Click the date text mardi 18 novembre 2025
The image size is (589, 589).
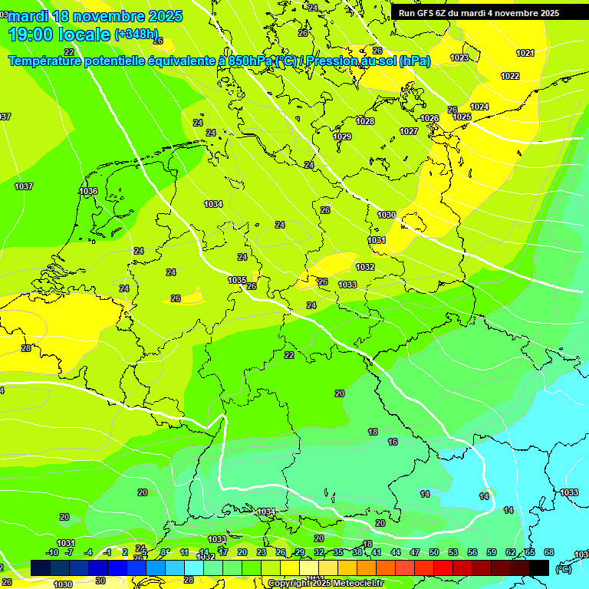click(x=95, y=16)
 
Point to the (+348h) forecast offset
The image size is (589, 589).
click(x=137, y=35)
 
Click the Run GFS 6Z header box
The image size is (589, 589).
click(x=479, y=13)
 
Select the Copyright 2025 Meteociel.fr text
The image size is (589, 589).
click(x=325, y=583)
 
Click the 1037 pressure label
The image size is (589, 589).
click(x=24, y=186)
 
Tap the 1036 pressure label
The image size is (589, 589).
click(x=88, y=191)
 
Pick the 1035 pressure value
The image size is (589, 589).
click(x=237, y=280)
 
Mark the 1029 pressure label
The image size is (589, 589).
click(x=342, y=137)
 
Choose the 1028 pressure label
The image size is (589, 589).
click(x=365, y=121)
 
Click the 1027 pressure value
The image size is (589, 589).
click(x=409, y=131)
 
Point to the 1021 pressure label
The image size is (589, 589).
click(x=525, y=53)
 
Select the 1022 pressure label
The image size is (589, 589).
click(x=510, y=76)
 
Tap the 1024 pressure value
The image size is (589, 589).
click(x=479, y=107)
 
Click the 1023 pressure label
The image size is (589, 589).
click(x=459, y=58)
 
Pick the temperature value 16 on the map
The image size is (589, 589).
click(x=393, y=442)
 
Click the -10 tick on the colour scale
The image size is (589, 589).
click(x=52, y=552)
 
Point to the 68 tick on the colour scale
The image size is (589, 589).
click(x=549, y=552)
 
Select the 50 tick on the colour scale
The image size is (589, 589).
click(x=434, y=552)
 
